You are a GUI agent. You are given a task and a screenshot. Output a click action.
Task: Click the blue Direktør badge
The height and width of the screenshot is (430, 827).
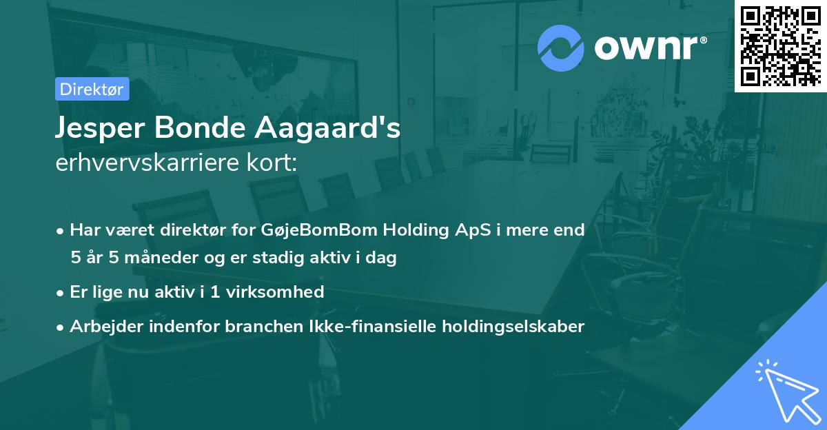pos(92,89)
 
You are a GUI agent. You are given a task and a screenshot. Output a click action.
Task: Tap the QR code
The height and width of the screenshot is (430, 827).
pos(781,46)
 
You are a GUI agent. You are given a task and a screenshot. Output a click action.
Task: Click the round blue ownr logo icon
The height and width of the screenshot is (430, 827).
pos(560,48)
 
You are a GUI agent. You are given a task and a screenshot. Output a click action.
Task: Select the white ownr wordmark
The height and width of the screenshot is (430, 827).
pos(651,48)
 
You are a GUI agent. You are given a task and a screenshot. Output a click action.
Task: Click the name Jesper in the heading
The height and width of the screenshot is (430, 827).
pos(100,128)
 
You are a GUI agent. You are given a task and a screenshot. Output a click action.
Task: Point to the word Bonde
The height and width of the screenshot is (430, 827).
pos(200,127)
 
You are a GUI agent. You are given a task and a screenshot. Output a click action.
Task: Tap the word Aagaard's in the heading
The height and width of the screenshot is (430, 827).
pos(327,128)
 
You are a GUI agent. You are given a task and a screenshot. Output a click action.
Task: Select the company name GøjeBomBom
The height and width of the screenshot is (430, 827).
pos(318,230)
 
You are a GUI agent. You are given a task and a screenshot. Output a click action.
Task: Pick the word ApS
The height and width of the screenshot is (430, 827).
pos(473,230)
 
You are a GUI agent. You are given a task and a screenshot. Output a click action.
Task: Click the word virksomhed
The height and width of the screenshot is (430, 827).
pos(275,291)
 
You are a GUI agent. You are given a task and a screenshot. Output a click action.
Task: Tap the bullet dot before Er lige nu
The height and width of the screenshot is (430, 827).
pos(60,294)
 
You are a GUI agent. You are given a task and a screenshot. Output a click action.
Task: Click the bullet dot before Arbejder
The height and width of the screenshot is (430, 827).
pos(60,328)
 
